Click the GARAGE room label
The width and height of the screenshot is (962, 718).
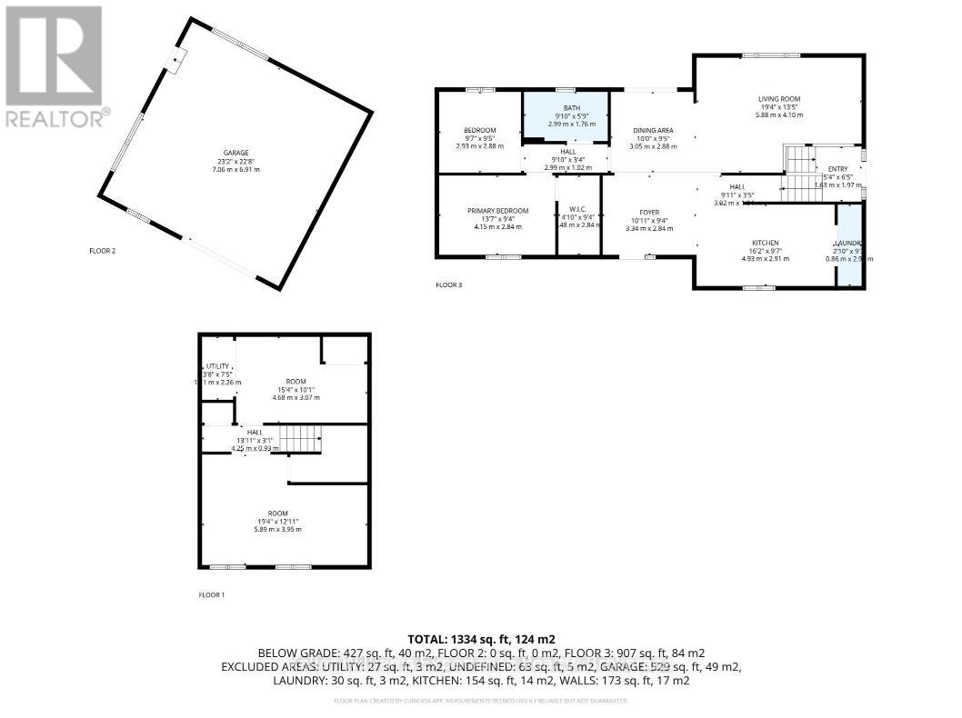(235, 153)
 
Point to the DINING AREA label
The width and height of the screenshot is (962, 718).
(653, 131)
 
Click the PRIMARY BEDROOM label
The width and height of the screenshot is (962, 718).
(497, 211)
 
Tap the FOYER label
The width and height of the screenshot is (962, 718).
(650, 213)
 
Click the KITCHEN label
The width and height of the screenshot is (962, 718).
(766, 243)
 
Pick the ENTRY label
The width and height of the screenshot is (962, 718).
(836, 169)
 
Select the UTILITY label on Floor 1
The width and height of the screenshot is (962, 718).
(217, 366)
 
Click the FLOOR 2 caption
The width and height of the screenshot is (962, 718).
(102, 251)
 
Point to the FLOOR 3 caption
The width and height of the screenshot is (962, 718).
(449, 285)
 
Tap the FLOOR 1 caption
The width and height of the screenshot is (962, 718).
(212, 594)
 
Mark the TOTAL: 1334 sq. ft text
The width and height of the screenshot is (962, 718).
(481, 639)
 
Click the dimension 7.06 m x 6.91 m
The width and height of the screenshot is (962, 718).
(235, 170)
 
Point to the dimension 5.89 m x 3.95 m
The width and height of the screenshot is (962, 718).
(278, 529)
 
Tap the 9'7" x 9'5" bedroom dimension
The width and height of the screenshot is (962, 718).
(479, 138)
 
